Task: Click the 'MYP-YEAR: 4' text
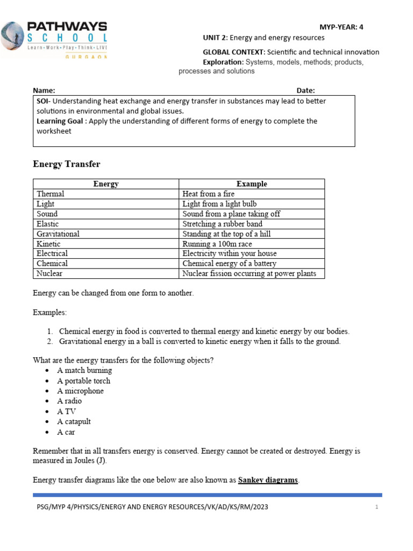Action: [x=341, y=27]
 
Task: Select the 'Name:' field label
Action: [x=44, y=90]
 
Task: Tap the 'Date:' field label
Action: [x=305, y=90]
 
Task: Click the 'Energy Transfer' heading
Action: [x=67, y=164]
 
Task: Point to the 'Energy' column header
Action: [x=106, y=184]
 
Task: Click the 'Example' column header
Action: [x=252, y=184]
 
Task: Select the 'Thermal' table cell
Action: [x=51, y=194]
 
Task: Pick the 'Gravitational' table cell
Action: [x=58, y=234]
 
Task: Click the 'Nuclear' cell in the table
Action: [x=49, y=273]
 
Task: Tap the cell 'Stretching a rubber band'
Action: [x=222, y=224]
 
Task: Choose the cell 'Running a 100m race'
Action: [x=217, y=244]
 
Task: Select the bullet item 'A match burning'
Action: [x=84, y=370]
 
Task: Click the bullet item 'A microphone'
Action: [x=80, y=391]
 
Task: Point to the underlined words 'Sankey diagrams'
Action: [x=268, y=480]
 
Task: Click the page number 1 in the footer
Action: [x=377, y=507]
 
